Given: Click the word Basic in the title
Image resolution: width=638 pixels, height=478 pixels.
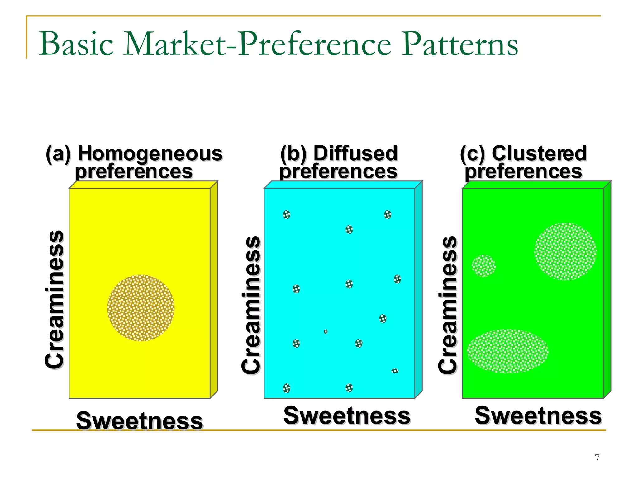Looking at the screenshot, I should tap(76, 44).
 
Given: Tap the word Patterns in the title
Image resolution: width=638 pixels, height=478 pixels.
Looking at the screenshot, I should tap(460, 44).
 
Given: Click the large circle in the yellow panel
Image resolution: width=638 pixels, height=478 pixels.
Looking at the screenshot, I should tap(141, 308).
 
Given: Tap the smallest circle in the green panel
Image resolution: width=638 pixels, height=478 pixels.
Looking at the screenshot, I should tap(483, 266).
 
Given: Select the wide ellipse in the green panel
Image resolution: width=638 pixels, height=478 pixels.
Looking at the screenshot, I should tap(507, 351).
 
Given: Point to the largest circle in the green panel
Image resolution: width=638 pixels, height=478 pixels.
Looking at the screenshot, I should tap(565, 251).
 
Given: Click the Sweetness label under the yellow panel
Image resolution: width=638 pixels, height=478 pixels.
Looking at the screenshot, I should tap(140, 421).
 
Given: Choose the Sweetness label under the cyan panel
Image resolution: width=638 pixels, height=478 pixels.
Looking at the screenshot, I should tap(347, 416).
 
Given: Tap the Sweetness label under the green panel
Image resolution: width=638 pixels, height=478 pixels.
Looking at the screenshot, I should tap(538, 416).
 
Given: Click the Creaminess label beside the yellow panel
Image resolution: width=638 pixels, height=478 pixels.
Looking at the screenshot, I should tap(55, 299).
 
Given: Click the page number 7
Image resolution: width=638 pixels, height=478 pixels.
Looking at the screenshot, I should tap(597, 458).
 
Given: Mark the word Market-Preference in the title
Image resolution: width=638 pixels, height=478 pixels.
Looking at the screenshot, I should tap(257, 44).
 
